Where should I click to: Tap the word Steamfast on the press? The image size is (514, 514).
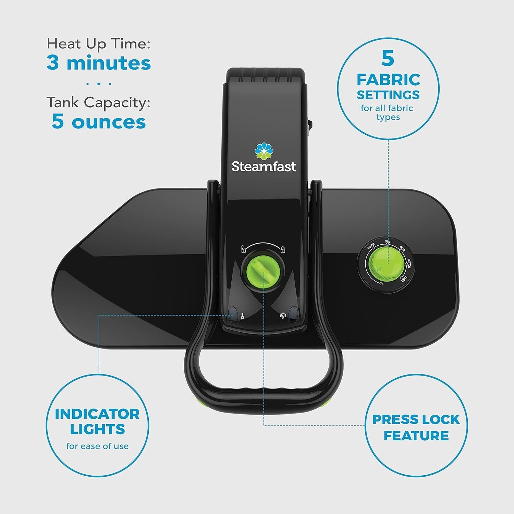point(263,167)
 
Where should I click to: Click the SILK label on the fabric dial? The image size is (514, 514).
point(388,242)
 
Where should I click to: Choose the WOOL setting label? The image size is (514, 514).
point(403,248)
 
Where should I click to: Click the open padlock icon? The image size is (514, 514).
point(243,249)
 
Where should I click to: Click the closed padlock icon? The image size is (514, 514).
point(283,249)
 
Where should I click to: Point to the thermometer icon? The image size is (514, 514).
point(242,316)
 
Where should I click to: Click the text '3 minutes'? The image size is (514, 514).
point(99,63)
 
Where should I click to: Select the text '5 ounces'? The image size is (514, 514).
point(99,122)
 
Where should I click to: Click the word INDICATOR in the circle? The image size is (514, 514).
point(97,414)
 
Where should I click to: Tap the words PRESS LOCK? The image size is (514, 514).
point(416,419)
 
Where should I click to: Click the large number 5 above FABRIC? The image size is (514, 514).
point(388,58)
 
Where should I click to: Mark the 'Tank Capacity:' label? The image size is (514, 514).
point(99,102)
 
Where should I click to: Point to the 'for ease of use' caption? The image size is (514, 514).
point(97,446)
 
